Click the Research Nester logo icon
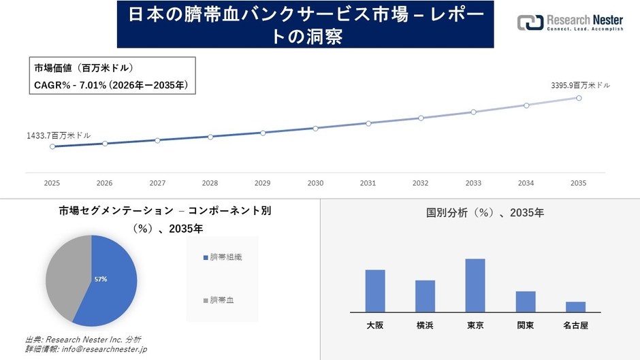click(x=530, y=22)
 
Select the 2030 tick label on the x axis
click(x=315, y=183)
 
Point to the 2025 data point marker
click(x=52, y=146)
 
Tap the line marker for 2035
click(x=579, y=98)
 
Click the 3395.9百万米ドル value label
click(x=580, y=85)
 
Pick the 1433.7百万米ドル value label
click(x=59, y=135)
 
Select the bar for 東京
click(x=475, y=285)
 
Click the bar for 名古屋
click(x=575, y=307)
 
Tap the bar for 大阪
click(x=375, y=291)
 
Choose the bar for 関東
click(x=526, y=301)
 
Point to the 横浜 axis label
click(x=425, y=326)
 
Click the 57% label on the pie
click(x=101, y=279)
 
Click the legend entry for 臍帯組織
click(x=222, y=257)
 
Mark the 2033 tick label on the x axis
click(x=473, y=183)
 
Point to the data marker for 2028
click(x=210, y=137)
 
